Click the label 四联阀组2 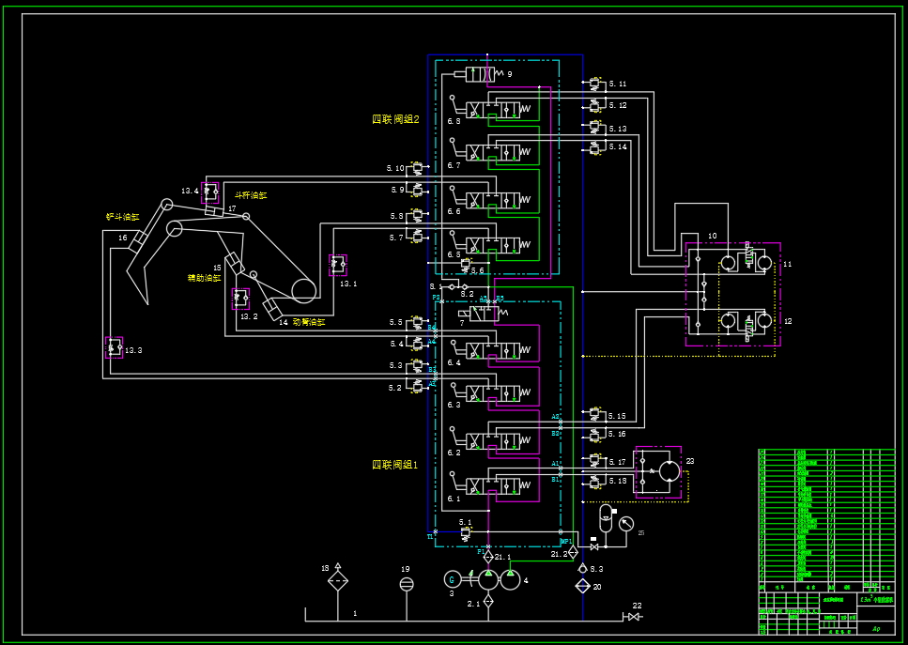click(395, 119)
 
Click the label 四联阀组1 click(395, 465)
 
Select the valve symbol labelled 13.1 click(337, 265)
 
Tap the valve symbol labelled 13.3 click(114, 347)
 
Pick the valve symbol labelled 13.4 click(209, 192)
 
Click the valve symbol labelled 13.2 click(241, 299)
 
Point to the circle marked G click(451, 579)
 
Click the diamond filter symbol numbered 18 click(338, 582)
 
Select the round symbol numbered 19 click(406, 584)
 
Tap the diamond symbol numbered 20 click(583, 586)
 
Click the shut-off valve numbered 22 click(634, 617)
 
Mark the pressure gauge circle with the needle click(626, 524)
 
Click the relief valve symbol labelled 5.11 click(594, 84)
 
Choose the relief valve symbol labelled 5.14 click(594, 147)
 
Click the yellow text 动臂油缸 click(308, 322)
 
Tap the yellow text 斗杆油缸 click(251, 195)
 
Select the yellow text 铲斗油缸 click(122, 217)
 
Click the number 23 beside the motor click(689, 461)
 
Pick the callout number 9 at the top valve click(510, 73)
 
